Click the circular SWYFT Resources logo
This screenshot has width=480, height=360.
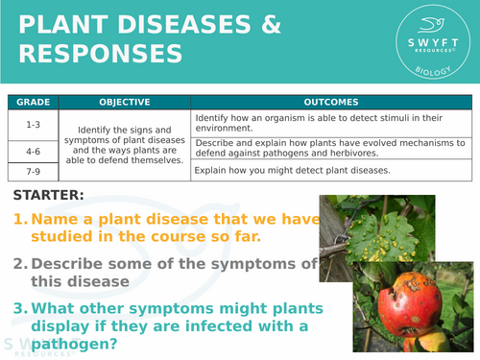click(423, 41)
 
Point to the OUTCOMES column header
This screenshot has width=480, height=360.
click(330, 101)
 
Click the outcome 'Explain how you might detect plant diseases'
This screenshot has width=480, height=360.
click(292, 171)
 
